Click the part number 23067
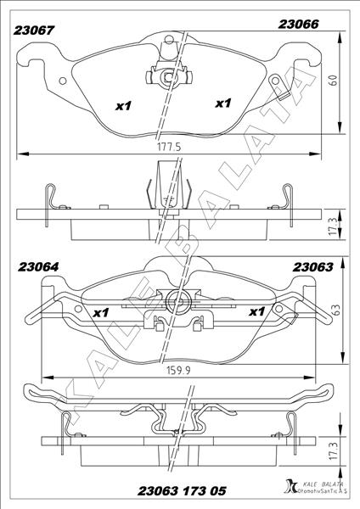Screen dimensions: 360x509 coord(33,31)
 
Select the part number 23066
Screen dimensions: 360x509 coord(298,24)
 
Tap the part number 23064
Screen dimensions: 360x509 coord(38,267)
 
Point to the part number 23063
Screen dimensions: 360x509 coord(313,267)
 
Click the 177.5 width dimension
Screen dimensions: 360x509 coord(169,147)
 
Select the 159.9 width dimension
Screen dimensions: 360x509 coord(178,371)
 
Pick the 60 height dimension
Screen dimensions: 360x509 coord(334,81)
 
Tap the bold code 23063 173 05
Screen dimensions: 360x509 coord(182,491)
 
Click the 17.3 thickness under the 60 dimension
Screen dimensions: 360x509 coord(333,227)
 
